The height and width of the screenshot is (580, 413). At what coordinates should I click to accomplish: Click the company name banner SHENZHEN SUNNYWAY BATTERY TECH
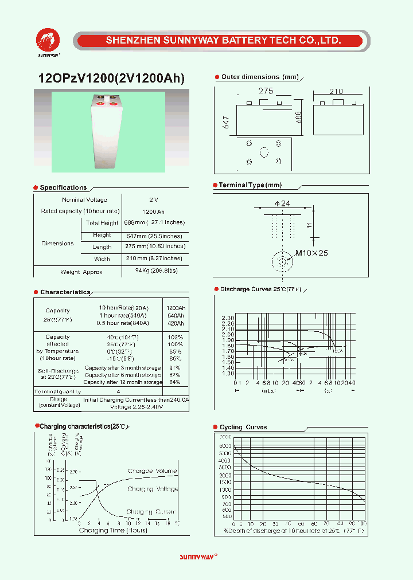click(x=224, y=41)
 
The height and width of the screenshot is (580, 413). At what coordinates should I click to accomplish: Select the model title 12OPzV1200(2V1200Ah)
click(x=111, y=79)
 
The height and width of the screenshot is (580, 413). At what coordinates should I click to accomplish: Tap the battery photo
click(x=108, y=131)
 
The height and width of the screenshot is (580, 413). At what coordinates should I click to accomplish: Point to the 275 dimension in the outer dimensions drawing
click(x=266, y=91)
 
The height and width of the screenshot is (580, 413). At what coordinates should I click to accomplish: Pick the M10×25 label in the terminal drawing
click(x=311, y=253)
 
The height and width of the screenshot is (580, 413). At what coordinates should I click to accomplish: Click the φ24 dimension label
click(x=283, y=204)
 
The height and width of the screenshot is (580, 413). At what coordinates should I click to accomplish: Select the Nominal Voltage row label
click(x=84, y=199)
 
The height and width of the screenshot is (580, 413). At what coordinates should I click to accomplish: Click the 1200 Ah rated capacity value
click(x=153, y=211)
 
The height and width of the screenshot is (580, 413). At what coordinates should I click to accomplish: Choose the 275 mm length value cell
click(x=155, y=246)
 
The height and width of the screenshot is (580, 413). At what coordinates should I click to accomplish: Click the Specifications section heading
click(x=63, y=187)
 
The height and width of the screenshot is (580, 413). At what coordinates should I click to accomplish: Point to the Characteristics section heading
click(x=65, y=292)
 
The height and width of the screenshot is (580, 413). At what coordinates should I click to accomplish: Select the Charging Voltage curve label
click(x=153, y=489)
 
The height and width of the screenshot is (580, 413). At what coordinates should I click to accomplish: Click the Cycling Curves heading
click(x=243, y=427)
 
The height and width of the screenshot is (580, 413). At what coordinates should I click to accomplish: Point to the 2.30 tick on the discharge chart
click(x=227, y=318)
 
